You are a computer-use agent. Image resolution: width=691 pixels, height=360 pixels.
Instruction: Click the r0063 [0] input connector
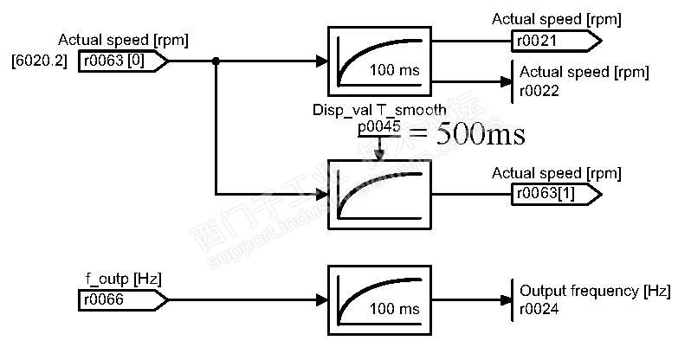tap(120, 61)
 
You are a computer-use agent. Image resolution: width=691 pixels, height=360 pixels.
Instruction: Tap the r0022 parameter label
tap(538, 90)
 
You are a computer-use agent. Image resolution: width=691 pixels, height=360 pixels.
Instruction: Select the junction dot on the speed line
tap(216, 61)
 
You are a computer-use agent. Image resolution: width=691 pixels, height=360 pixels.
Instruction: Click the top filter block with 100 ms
tap(379, 61)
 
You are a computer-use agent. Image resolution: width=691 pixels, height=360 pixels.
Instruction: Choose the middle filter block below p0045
tap(379, 194)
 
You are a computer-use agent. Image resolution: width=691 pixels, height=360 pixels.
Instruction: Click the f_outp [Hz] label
tap(122, 279)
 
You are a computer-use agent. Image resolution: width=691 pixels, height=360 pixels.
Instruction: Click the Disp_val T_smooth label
tap(379, 110)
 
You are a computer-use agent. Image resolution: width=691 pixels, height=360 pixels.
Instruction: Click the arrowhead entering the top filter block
tap(321, 61)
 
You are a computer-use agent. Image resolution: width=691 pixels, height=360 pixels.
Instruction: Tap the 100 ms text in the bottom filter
tap(394, 309)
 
